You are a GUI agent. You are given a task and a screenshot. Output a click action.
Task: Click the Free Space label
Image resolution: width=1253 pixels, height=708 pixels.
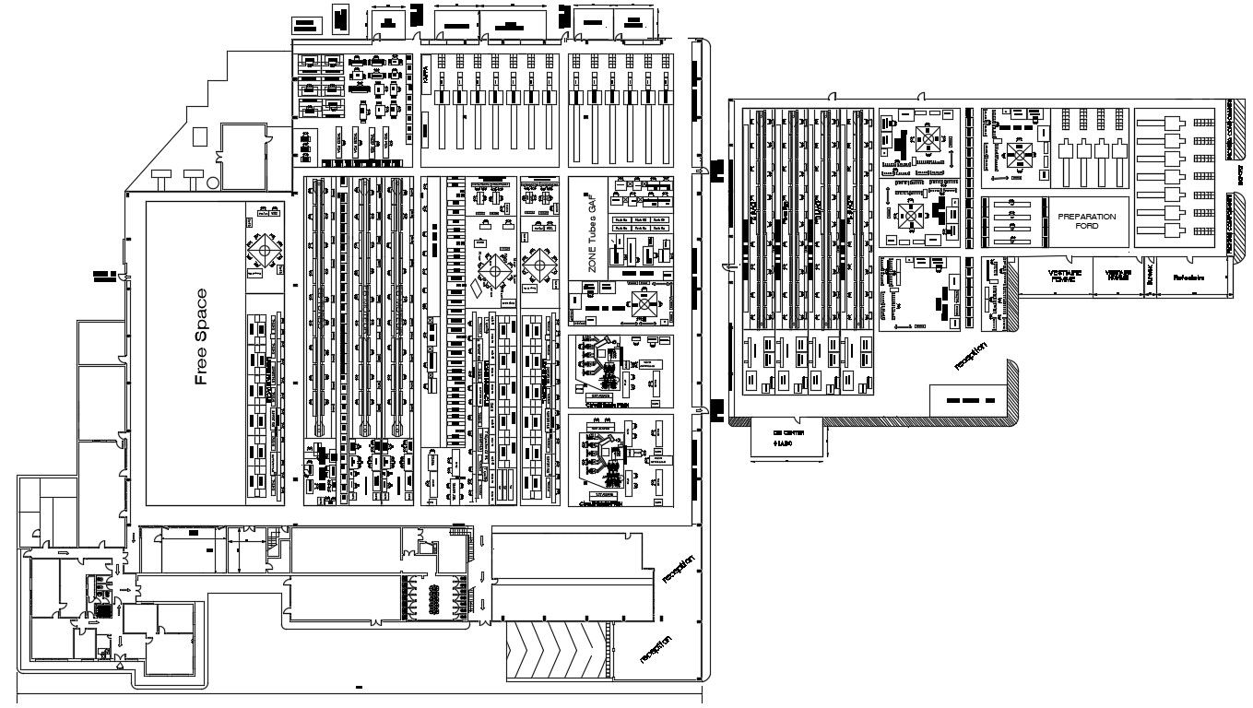201,337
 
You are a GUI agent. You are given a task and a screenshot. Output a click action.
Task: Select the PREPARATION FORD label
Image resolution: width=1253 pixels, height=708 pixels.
1087,220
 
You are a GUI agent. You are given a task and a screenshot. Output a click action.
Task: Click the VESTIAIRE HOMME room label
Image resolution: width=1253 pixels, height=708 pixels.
1118,276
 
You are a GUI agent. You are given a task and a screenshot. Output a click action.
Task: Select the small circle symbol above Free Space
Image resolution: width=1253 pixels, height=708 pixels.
213,183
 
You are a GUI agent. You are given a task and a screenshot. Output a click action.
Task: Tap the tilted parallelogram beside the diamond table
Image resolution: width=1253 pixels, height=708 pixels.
474,287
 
